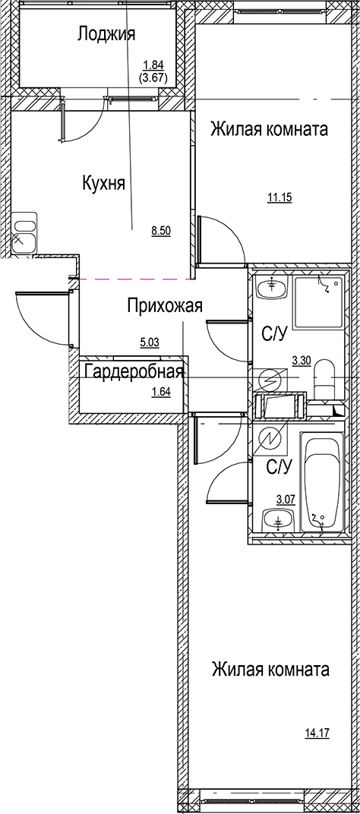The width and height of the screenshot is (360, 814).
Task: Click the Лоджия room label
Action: [x=106, y=33]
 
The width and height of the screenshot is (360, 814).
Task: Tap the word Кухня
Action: [x=103, y=183]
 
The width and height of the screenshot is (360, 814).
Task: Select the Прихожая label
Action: [x=165, y=306]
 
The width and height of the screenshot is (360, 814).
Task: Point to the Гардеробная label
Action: [x=135, y=371]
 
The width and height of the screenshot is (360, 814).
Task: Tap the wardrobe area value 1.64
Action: [x=160, y=392]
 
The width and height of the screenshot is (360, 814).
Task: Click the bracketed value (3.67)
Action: [x=154, y=76]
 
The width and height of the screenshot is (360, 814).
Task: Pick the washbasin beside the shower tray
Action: [x=271, y=289]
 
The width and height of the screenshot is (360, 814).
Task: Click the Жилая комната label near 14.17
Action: [x=271, y=670]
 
